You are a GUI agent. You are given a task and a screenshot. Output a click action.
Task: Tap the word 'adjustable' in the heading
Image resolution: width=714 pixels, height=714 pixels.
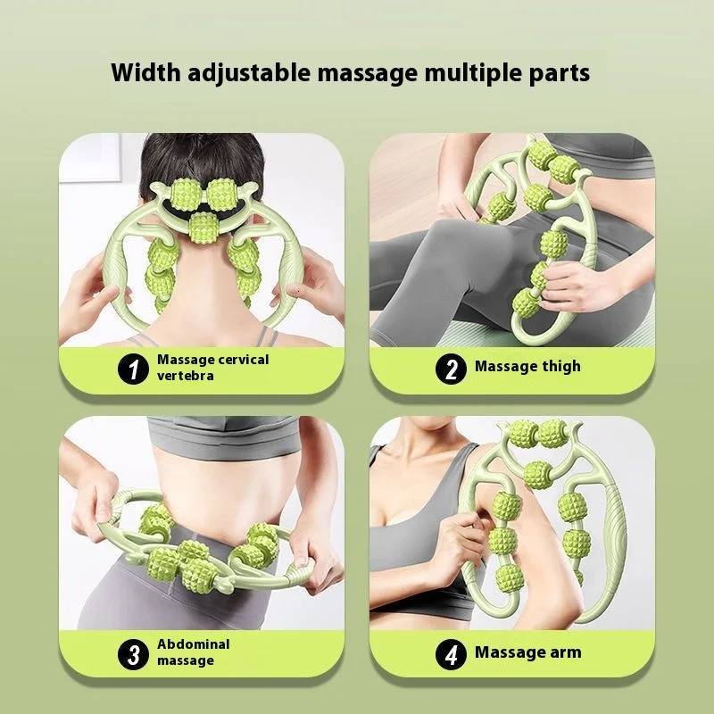click(x=235, y=73)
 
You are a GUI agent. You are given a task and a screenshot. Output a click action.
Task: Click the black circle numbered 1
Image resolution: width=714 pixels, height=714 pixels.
click(x=134, y=368)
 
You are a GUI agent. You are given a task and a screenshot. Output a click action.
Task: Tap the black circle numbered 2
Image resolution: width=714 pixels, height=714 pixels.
click(x=451, y=368)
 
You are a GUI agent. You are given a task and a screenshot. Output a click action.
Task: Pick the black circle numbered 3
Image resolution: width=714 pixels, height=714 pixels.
click(x=134, y=654)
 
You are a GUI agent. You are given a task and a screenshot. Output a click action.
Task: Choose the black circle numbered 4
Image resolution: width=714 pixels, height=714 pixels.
click(x=451, y=654)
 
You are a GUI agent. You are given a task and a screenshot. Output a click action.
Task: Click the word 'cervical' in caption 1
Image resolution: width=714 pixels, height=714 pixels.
click(x=241, y=360)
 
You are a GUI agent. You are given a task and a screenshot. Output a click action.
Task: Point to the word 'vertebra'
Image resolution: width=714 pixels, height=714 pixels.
click(x=186, y=376)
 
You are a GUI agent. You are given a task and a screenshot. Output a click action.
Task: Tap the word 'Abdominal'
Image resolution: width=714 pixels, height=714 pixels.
click(x=193, y=644)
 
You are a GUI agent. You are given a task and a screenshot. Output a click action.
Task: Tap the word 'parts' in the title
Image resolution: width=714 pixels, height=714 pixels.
click(x=560, y=73)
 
